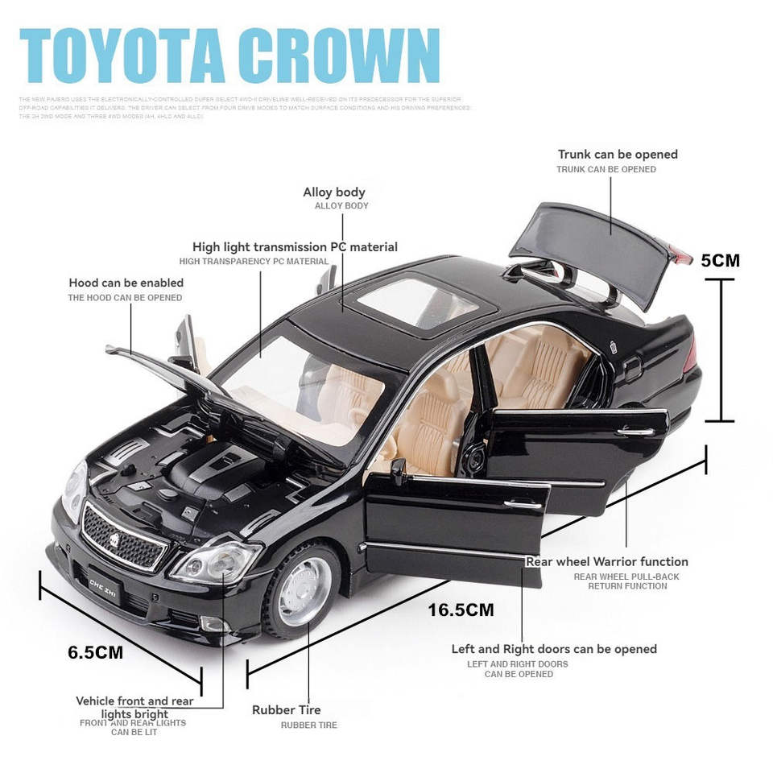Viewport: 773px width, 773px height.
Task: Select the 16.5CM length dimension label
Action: tap(461, 610)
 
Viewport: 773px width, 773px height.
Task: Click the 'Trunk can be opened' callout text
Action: tap(618, 155)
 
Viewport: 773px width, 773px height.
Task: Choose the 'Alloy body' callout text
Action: tap(333, 192)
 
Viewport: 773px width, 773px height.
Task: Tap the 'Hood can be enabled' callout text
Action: tap(126, 283)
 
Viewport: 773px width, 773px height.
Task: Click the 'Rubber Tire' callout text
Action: tap(286, 710)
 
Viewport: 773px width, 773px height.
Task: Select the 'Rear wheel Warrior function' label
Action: tap(606, 562)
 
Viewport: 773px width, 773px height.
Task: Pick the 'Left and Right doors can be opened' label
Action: tap(553, 649)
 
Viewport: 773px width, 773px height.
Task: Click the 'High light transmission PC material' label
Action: tap(295, 247)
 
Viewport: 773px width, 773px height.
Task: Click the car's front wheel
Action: tap(304, 589)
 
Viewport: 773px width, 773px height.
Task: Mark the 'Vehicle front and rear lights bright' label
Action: tap(134, 707)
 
